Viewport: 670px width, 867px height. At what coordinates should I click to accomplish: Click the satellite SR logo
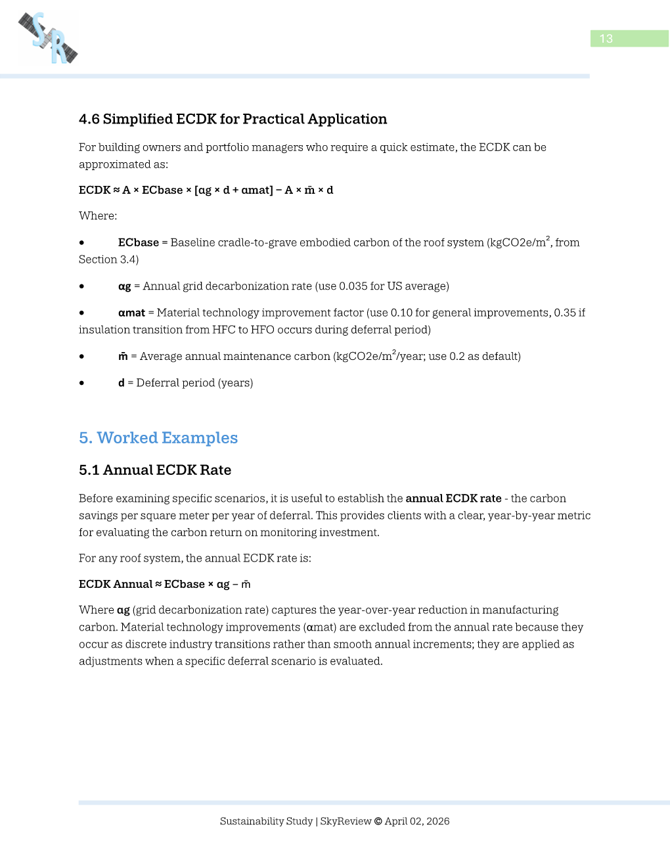click(48, 38)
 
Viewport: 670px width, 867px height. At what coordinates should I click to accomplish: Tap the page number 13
click(606, 39)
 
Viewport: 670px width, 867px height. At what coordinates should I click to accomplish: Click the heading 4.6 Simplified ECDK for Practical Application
click(233, 119)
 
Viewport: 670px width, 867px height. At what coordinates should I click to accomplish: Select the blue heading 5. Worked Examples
click(158, 438)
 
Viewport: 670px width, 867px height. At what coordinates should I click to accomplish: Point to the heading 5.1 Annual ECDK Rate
click(155, 470)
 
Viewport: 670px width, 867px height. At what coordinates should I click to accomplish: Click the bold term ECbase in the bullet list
click(138, 242)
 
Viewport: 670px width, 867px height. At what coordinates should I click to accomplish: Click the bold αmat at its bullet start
click(131, 313)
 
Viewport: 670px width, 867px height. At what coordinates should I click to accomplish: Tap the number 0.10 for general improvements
click(401, 313)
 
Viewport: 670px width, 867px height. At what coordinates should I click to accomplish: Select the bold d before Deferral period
click(122, 383)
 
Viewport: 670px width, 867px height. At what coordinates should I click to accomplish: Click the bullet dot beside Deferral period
click(81, 383)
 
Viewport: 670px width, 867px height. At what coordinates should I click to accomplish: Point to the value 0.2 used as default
click(457, 357)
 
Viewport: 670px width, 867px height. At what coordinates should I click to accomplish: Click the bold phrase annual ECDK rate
click(453, 499)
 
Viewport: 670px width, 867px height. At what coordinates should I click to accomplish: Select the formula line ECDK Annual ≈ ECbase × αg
click(164, 585)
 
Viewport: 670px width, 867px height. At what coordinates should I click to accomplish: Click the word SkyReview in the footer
click(346, 821)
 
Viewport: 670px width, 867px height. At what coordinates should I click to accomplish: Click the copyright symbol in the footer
click(378, 821)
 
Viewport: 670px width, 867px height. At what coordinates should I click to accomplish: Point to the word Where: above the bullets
click(98, 216)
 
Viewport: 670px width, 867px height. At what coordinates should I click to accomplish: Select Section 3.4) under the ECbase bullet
click(108, 259)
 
